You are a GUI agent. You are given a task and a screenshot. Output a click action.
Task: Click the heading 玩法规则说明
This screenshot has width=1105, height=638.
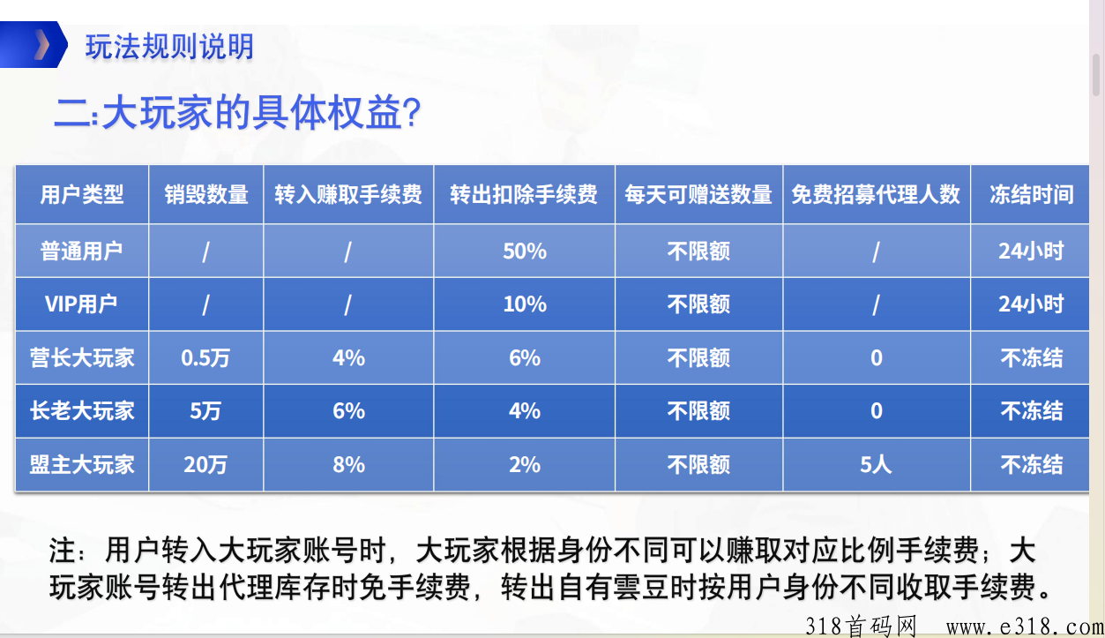click(169, 47)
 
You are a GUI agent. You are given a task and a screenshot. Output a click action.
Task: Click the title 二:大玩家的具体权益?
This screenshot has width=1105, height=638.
click(237, 113)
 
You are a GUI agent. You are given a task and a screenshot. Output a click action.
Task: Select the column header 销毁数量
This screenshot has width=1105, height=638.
click(206, 194)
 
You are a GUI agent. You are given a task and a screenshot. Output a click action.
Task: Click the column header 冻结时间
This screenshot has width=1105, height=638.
click(1032, 194)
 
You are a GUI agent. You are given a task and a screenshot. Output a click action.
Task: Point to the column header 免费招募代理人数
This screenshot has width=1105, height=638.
click(876, 194)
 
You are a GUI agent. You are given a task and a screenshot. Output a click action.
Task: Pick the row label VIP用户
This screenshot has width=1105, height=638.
click(81, 304)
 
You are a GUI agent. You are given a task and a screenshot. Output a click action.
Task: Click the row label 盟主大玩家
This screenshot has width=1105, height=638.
click(82, 465)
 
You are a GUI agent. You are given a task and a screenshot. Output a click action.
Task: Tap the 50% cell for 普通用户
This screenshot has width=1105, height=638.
click(525, 251)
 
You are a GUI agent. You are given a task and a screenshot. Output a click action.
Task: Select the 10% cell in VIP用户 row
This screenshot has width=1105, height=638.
click(525, 304)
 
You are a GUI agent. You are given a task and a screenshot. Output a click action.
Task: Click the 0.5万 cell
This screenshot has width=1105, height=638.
click(205, 357)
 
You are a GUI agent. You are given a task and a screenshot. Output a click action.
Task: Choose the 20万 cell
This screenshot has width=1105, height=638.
click(205, 465)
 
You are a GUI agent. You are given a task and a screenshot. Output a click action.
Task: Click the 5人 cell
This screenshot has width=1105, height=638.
click(876, 465)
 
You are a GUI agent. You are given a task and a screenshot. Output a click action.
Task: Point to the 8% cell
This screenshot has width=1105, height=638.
click(348, 465)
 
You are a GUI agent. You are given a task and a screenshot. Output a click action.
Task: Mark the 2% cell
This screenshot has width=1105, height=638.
click(525, 465)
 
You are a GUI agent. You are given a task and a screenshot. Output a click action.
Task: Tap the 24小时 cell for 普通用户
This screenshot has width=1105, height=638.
click(1031, 251)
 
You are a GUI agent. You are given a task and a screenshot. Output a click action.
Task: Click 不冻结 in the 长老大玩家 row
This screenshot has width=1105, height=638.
click(1032, 411)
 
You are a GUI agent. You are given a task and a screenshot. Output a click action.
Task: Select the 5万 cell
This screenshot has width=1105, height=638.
click(205, 411)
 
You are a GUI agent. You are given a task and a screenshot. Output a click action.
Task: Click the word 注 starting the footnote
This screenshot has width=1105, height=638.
click(62, 551)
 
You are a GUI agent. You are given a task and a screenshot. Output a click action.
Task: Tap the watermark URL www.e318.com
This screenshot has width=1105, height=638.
click(1025, 627)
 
